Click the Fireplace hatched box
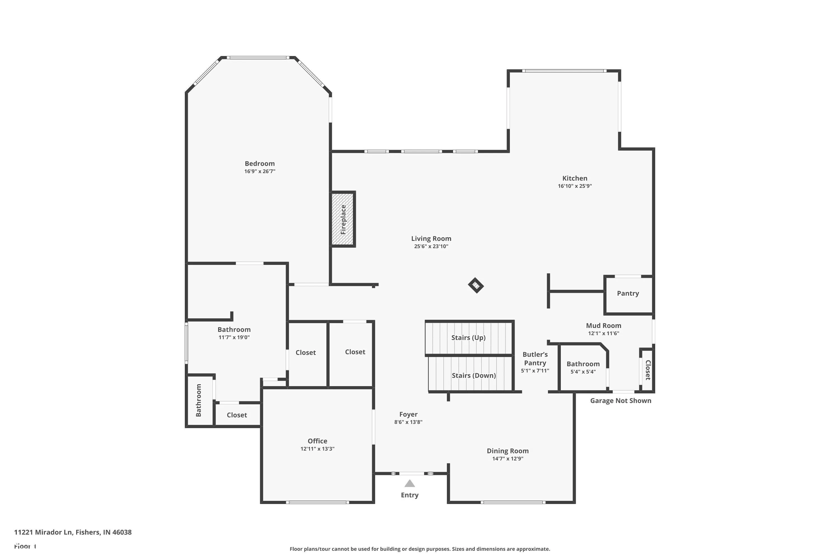(342, 219)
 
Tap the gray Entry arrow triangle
(409, 484)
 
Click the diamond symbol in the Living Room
(476, 285)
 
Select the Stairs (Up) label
(468, 337)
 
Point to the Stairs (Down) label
(473, 375)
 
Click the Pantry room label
(627, 293)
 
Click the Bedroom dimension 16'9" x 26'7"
(260, 171)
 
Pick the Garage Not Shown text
(620, 401)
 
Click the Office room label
(317, 441)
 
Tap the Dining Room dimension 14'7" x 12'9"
(507, 459)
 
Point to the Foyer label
(408, 414)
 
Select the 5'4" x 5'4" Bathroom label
(583, 364)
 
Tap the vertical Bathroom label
(199, 400)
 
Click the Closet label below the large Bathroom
(237, 415)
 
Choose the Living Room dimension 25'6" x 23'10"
(431, 246)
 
